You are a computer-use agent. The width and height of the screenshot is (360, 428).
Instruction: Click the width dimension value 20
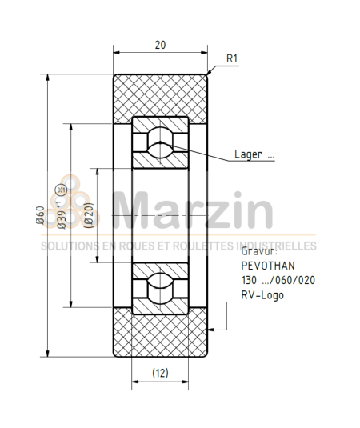pos(160,45)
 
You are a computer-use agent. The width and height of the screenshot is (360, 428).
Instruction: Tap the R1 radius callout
pos(233,58)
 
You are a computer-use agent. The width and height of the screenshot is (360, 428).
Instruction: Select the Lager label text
pos(254,155)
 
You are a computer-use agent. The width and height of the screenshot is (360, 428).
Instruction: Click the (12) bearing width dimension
pos(160,372)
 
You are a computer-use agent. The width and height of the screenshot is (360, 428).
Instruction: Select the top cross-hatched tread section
pos(160,94)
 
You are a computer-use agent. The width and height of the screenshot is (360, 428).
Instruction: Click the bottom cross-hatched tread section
pos(160,334)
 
